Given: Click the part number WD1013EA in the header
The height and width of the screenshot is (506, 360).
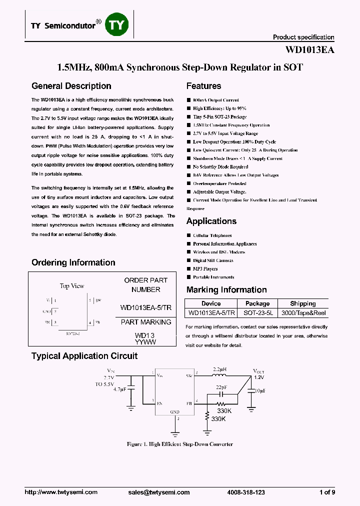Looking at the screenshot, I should pyautogui.click(x=309, y=50).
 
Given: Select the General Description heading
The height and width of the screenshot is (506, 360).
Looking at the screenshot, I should pyautogui.click(x=71, y=86).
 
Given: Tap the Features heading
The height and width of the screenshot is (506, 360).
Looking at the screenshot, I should pyautogui.click(x=203, y=86).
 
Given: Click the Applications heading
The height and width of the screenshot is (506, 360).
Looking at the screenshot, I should pyautogui.click(x=211, y=221).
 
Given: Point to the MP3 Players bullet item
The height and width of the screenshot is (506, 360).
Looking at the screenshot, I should pyautogui.click(x=205, y=268).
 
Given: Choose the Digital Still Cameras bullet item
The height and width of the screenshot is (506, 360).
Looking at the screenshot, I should pyautogui.click(x=213, y=260).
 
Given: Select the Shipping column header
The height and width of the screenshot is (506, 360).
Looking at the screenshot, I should pyautogui.click(x=303, y=303).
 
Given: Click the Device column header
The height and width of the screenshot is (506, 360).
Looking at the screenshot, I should pyautogui.click(x=210, y=303).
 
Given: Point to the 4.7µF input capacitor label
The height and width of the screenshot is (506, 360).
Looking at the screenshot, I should pyautogui.click(x=120, y=388).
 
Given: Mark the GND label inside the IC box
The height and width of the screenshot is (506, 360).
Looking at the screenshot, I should pyautogui.click(x=174, y=412).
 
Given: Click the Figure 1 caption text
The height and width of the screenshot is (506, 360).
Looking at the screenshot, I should pyautogui.click(x=180, y=444).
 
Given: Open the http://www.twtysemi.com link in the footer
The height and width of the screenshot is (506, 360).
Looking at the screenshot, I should pyautogui.click(x=61, y=492).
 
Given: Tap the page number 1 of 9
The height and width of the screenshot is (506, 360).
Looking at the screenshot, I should pyautogui.click(x=327, y=492).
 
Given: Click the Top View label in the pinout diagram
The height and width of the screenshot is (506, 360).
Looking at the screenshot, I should pyautogui.click(x=72, y=286).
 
